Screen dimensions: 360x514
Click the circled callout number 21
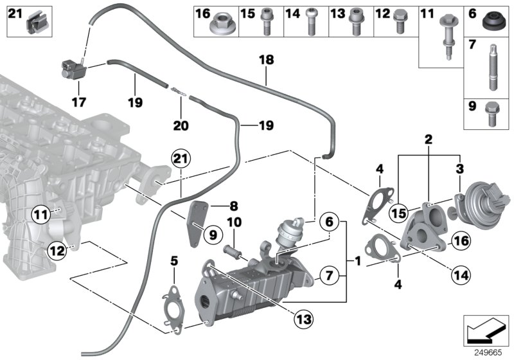click(x=181, y=159)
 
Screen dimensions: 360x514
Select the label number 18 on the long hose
click(x=266, y=60)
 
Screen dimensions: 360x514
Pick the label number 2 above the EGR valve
click(x=428, y=139)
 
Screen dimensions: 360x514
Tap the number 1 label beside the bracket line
click(x=357, y=263)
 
